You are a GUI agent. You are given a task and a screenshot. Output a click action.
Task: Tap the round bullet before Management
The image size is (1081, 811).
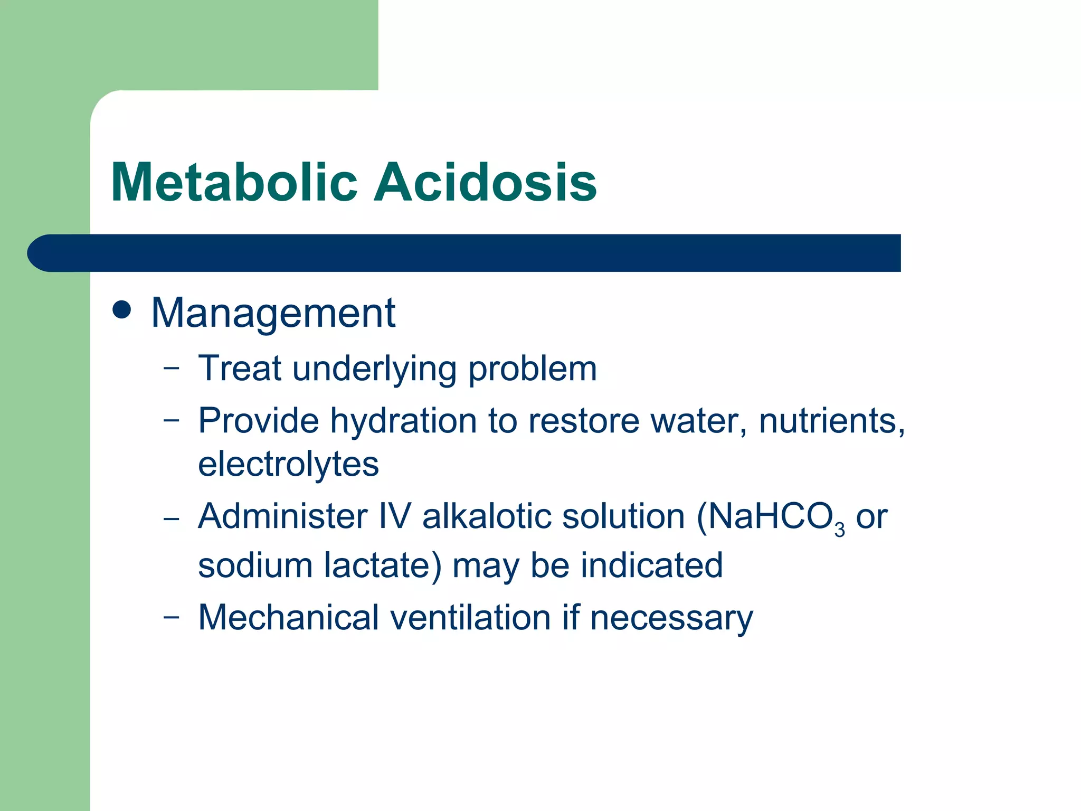pyautogui.click(x=122, y=310)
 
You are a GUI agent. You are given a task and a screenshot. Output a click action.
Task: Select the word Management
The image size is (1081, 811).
pyautogui.click(x=273, y=313)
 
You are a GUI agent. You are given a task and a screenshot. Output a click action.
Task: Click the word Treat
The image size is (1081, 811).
pyautogui.click(x=240, y=368)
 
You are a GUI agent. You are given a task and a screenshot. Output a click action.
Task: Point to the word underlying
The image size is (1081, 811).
pyautogui.click(x=374, y=369)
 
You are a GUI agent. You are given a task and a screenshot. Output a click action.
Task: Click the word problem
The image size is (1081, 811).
pyautogui.click(x=533, y=369)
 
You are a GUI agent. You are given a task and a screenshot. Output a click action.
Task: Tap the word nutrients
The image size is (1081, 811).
pyautogui.click(x=831, y=421)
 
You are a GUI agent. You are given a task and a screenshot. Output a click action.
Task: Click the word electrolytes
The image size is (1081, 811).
pyautogui.click(x=288, y=464)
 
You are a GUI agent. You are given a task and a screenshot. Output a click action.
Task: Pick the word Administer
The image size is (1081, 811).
pyautogui.click(x=282, y=516)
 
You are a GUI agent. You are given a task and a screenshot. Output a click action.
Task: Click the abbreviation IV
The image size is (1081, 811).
pyautogui.click(x=395, y=516)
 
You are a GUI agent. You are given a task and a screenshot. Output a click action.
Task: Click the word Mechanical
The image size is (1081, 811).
pyautogui.click(x=288, y=617)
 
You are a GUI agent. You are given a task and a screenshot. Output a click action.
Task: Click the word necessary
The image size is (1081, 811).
pyautogui.click(x=671, y=618)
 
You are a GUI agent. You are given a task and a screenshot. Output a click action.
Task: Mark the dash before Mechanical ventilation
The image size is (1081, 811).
pyautogui.click(x=171, y=616)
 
